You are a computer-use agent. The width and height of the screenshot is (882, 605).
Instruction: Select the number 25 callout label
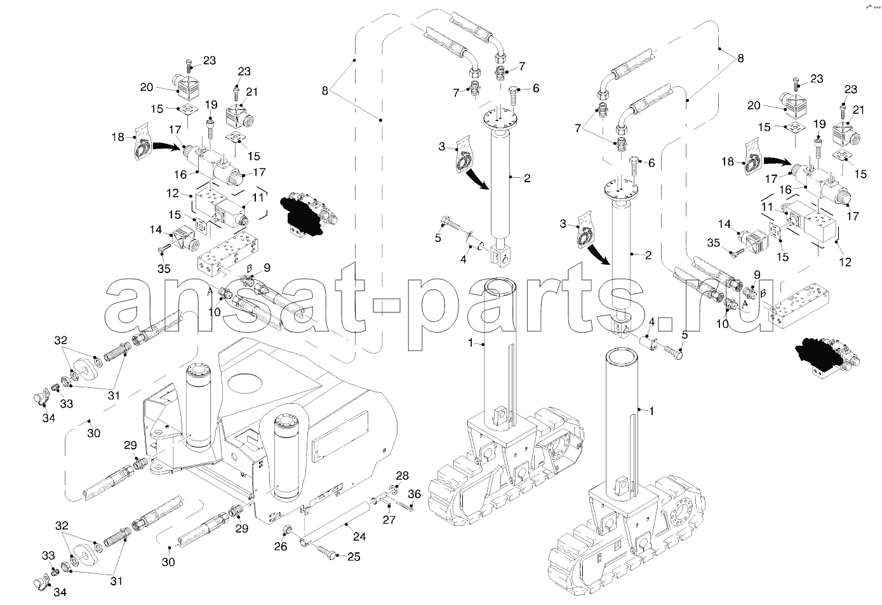353,557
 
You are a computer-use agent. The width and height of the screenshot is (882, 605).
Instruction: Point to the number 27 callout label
389,519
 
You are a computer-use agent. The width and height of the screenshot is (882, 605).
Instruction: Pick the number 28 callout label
403,475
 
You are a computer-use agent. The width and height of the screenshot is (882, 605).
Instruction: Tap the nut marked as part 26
287,529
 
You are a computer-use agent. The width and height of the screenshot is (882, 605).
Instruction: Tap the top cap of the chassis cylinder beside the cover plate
284,420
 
